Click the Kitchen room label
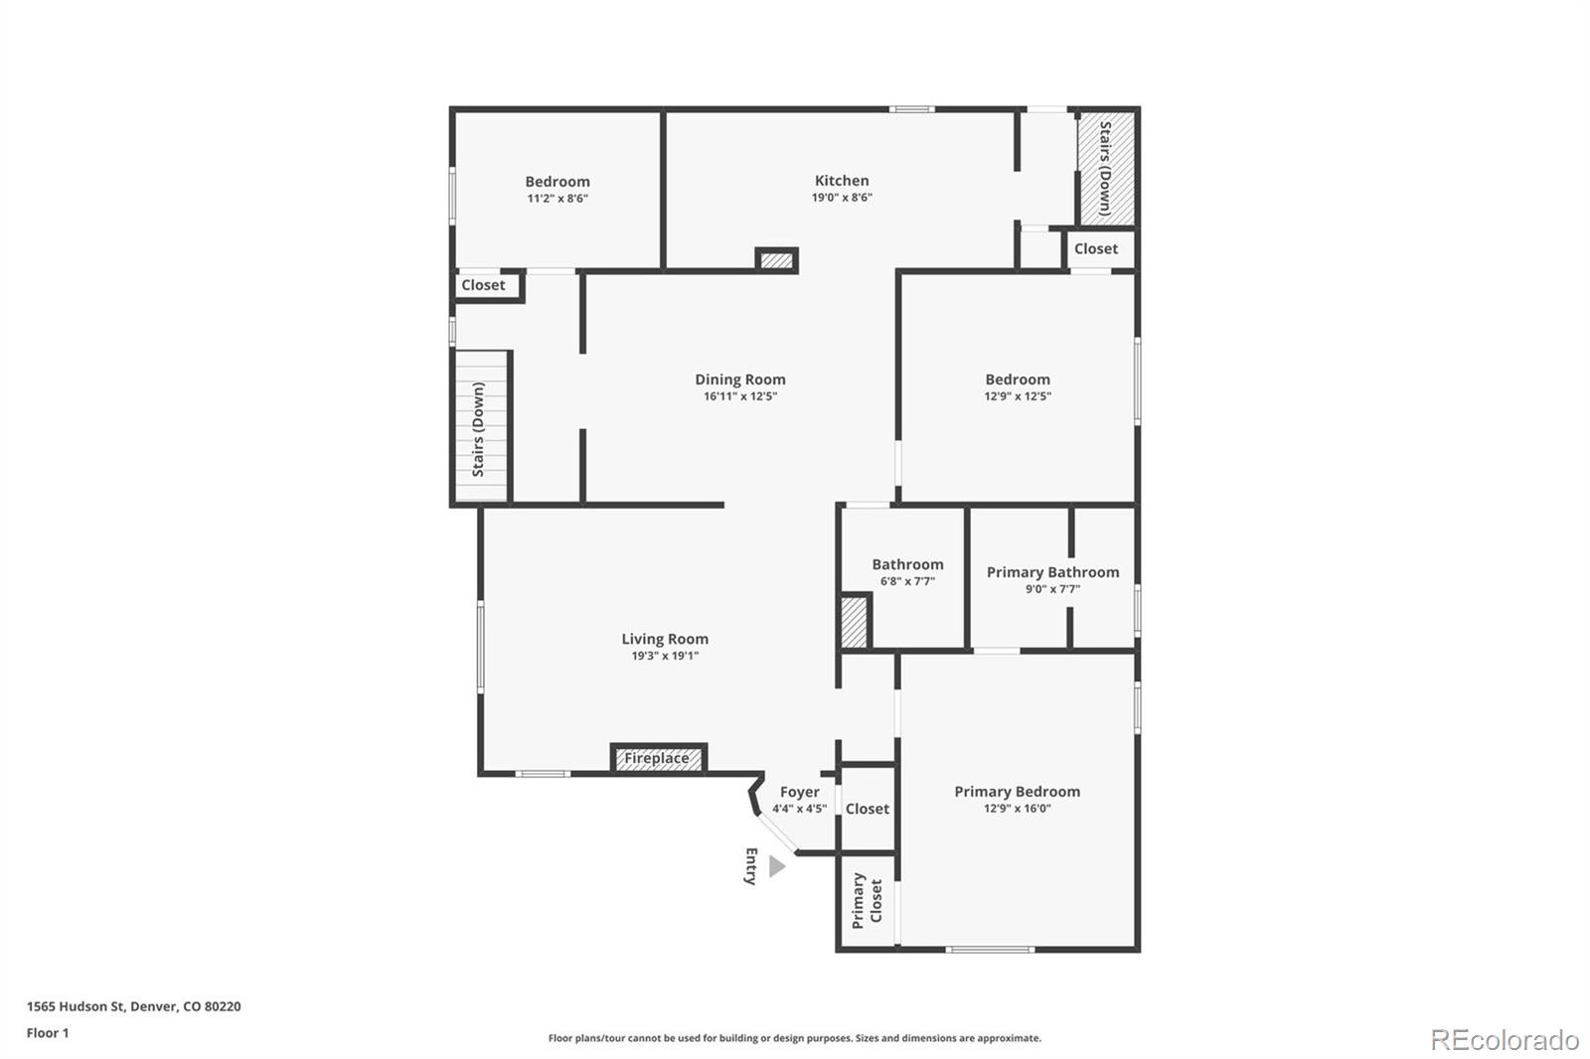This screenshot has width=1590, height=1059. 842,181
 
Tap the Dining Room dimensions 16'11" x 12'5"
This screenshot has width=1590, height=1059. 740,396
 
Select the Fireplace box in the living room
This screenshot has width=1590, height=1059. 658,759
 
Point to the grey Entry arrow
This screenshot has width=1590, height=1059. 777,867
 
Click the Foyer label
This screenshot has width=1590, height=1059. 800,792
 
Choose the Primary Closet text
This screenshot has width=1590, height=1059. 867,900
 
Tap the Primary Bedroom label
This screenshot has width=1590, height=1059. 1017,792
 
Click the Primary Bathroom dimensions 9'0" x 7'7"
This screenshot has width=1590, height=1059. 1052,589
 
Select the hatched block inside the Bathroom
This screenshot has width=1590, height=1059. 855,622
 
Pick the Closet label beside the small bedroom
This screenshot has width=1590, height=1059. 483,285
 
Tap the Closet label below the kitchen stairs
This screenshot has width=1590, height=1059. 1096,249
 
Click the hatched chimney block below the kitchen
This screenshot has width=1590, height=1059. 776,260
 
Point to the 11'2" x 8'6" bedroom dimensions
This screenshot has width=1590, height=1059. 557,199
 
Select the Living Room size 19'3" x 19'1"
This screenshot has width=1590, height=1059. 665,656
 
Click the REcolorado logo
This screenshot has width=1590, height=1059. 1505,1040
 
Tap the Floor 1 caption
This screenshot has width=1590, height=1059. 48,1033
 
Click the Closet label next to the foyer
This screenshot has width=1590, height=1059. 868,809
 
